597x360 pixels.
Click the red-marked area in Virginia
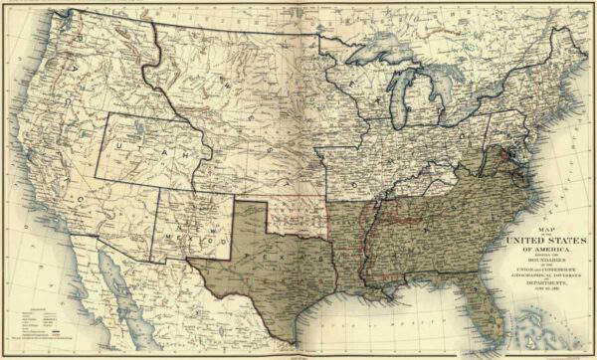tap(509, 153)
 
